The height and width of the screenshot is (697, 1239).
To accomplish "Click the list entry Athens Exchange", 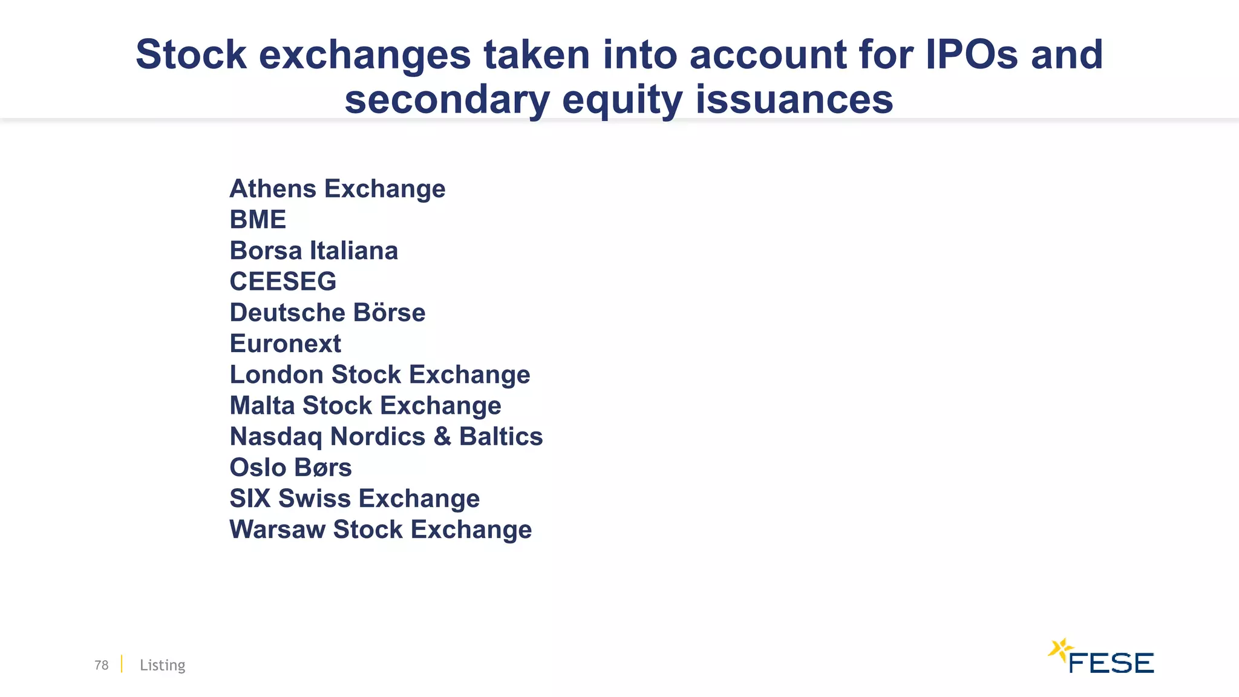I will pos(337,189).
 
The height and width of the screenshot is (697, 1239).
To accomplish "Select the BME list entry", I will pos(258,220).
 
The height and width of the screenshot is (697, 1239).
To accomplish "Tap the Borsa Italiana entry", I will pos(313,250).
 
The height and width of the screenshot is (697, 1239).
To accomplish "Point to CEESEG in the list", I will pos(283,281).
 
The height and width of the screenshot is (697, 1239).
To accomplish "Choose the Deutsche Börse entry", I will pos(327,313).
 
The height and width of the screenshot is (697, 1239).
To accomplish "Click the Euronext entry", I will pos(285,344).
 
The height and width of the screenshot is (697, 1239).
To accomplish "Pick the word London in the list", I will pos(276,375).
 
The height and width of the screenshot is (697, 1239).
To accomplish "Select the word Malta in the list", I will pos(262,405).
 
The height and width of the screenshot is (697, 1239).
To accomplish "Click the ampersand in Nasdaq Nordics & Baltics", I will pos(442,437).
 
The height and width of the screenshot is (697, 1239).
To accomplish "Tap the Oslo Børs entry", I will pos(290,468).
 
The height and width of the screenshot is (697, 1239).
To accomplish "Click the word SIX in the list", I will pos(250,499).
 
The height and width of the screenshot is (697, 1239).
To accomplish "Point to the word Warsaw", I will pos(277,529).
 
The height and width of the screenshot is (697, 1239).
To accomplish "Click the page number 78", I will pos(101,665).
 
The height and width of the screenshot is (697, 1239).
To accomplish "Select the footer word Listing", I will pos(162,665).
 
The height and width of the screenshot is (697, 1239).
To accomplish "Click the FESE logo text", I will pos(1111,663).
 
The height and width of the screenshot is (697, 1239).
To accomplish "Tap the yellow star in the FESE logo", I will pos(1059,650).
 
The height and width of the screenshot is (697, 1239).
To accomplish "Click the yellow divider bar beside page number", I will pos(122,664).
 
